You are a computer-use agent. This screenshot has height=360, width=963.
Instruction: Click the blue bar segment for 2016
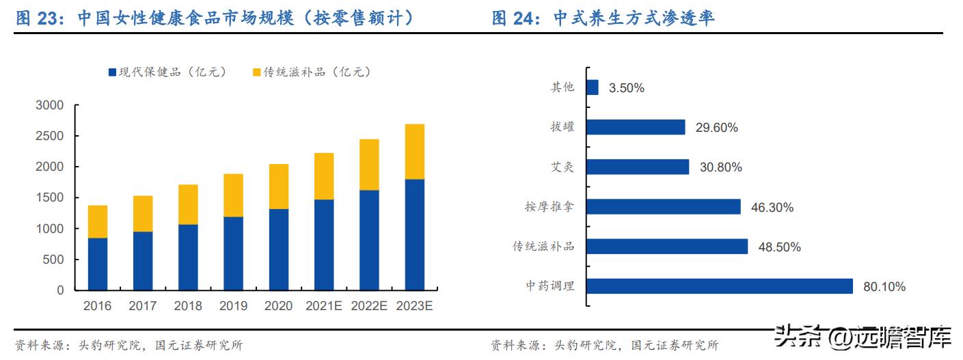coord(97,264)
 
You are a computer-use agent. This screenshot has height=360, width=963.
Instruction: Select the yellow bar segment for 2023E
coord(414,152)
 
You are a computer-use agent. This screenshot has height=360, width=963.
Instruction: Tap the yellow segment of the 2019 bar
coord(233,195)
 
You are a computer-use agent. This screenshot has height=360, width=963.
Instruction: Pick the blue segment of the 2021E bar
coord(324,245)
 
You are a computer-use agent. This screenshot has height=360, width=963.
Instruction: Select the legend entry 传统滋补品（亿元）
coord(311,72)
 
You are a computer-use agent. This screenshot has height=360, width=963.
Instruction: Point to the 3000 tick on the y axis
coord(49,105)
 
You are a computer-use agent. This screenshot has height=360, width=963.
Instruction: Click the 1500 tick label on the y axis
coord(49,198)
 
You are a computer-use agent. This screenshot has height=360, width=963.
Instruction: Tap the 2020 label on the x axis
coord(278,306)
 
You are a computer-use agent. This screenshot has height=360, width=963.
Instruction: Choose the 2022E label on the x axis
coord(369,306)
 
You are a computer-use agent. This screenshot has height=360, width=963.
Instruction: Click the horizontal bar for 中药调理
coord(720,286)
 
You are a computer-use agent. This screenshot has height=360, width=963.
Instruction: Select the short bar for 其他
coord(593,87)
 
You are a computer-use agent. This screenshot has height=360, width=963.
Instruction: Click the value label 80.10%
coord(884,287)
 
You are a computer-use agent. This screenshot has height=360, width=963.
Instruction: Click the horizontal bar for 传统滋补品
coord(667,247)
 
